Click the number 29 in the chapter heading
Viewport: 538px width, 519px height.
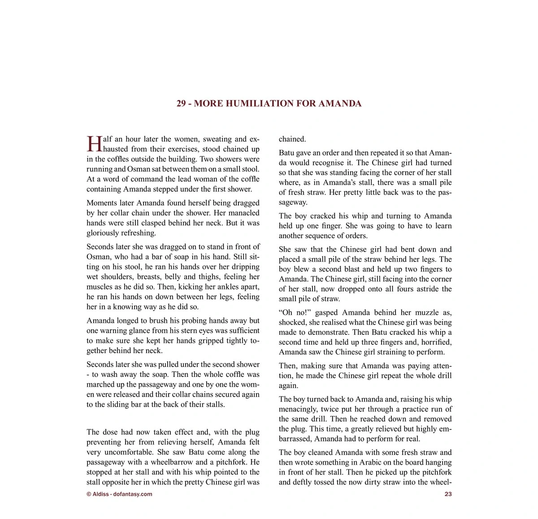click(x=181, y=104)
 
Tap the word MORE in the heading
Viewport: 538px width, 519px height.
click(x=208, y=104)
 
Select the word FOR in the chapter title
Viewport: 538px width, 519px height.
click(x=306, y=104)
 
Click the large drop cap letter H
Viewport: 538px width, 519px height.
click(x=94, y=144)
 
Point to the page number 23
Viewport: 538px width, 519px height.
click(x=448, y=494)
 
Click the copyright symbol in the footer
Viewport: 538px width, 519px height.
click(x=89, y=494)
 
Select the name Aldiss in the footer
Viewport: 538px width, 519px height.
click(x=100, y=494)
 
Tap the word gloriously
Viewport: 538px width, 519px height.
click(x=105, y=233)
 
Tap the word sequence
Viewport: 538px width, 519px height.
click(x=329, y=235)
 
